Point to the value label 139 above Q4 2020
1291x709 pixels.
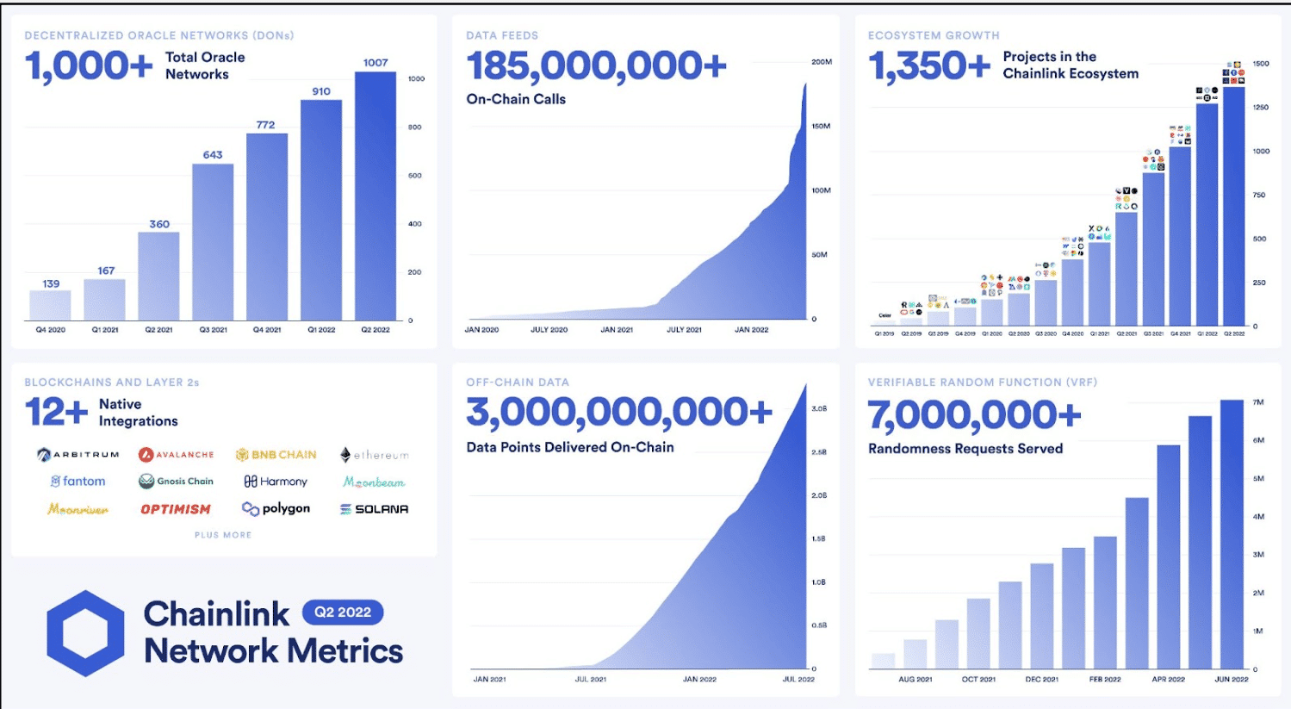[51, 283]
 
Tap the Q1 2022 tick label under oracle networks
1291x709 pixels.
[321, 330]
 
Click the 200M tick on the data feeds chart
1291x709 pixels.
[821, 62]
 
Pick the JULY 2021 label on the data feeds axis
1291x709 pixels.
[684, 330]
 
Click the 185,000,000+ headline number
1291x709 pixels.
[596, 66]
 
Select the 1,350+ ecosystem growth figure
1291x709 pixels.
[928, 66]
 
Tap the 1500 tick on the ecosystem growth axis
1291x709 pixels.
[1261, 64]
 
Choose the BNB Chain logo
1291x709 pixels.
[276, 455]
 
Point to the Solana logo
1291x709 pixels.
[375, 509]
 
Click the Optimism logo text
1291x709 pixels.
[176, 509]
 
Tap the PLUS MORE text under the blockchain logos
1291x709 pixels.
[223, 535]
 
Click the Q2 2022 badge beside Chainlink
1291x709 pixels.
[343, 613]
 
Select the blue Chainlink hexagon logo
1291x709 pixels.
[85, 633]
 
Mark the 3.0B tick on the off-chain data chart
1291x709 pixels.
[819, 408]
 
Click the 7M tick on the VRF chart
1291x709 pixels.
[1258, 402]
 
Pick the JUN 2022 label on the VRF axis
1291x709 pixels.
[1232, 679]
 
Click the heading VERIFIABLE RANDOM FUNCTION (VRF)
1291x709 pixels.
[982, 382]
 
